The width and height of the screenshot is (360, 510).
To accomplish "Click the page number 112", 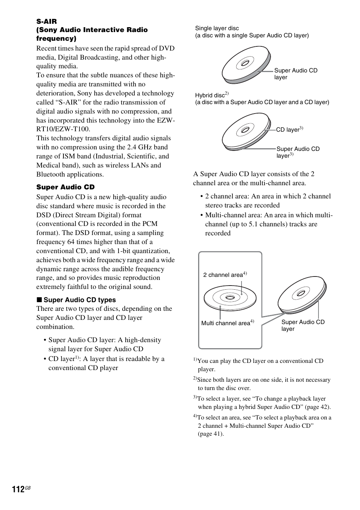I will pos(18,489).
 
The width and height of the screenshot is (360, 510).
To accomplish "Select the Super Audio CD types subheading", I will pos(79,300).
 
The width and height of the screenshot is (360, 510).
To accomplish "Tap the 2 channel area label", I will pos(223,275).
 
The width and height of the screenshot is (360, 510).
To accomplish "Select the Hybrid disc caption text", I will pos(210,95).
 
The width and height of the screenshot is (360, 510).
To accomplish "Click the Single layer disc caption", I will pos(217,28).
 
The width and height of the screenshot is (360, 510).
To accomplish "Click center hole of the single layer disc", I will pos(245,63).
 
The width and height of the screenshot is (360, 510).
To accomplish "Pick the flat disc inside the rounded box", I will pos(230,298).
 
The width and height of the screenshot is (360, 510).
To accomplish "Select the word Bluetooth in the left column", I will pos(51,174).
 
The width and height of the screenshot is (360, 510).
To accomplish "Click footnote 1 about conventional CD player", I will pos(260,365).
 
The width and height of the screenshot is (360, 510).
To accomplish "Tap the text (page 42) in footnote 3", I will pos(317,407).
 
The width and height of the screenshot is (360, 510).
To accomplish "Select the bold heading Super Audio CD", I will pos(65,187).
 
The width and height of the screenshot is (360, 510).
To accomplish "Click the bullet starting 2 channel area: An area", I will pos(268,201).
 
